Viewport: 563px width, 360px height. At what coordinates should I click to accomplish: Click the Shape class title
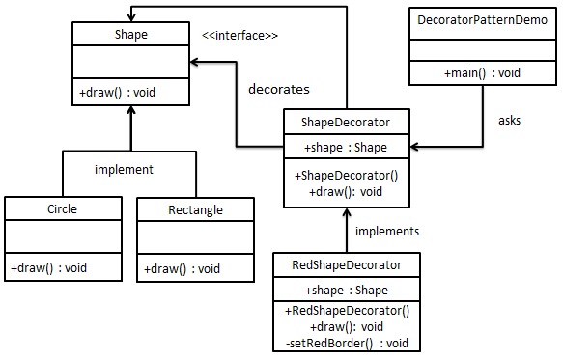pos(130,36)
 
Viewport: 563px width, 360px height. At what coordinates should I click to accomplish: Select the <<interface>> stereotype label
pos(239,36)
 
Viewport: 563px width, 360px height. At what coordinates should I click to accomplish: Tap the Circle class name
pos(62,208)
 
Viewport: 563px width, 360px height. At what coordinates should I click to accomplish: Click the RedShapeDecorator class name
pos(347,264)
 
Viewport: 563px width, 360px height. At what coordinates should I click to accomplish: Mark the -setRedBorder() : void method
pos(346,344)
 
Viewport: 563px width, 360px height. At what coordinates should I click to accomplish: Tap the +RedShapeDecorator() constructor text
pos(347,311)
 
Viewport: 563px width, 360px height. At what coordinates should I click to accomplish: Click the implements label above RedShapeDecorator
pos(387,232)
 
